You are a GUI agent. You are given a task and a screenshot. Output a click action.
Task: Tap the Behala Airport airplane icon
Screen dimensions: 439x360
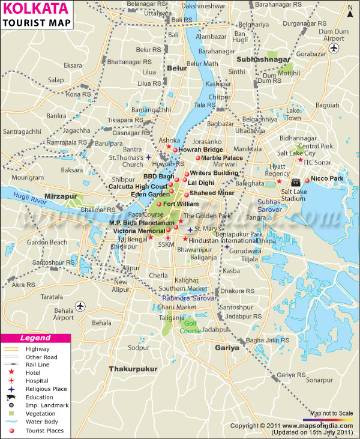coord(80,307)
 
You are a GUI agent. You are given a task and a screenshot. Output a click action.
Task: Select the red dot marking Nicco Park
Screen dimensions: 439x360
coord(307,180)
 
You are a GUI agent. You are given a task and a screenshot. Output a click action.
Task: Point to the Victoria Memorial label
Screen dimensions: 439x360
coord(139,231)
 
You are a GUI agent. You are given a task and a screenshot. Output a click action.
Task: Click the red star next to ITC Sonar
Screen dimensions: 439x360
coord(300,160)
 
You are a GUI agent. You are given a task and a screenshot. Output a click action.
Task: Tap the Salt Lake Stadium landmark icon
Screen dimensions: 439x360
coord(295,182)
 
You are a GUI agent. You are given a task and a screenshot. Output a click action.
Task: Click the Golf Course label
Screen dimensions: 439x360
coord(190,327)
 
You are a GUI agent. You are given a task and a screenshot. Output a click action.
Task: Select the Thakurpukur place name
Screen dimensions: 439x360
coord(133,368)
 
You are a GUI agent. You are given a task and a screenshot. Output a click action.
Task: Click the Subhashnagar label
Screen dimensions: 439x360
coord(263,60)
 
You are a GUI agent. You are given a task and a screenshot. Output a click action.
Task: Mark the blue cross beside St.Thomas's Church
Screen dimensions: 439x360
coord(148,157)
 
